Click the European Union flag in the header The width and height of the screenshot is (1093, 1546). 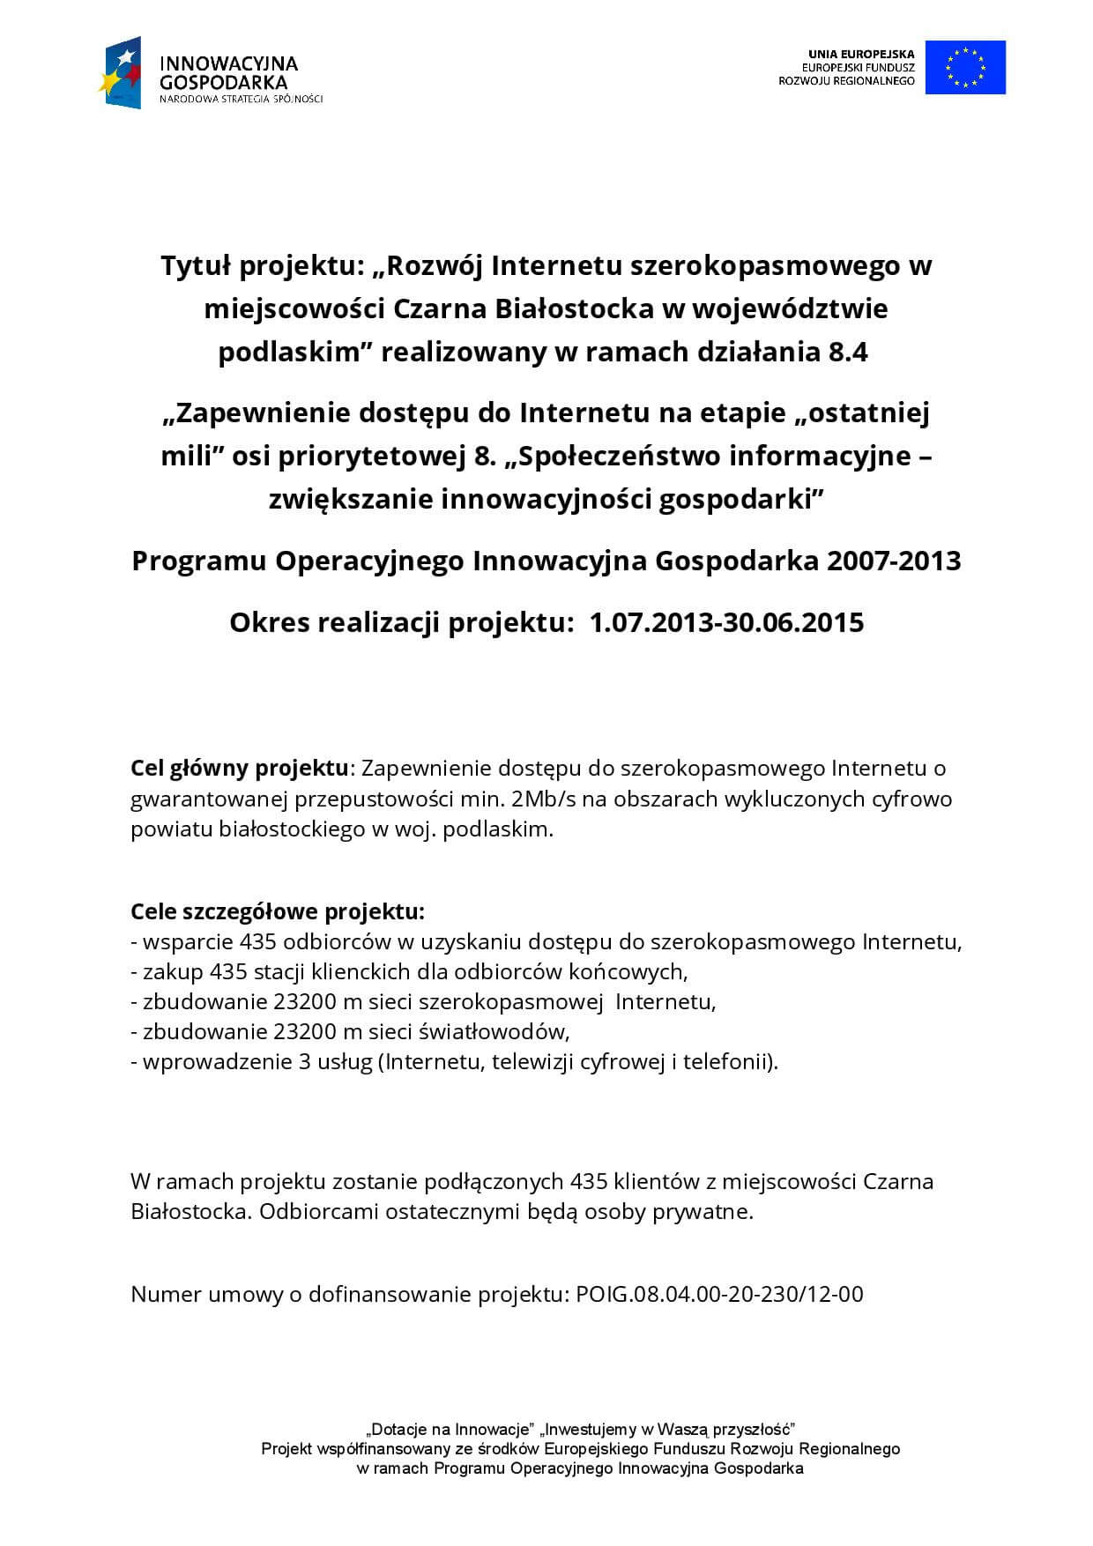965,67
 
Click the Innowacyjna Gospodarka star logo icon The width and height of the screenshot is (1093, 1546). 120,73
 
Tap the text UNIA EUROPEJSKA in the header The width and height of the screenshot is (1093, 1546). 861,54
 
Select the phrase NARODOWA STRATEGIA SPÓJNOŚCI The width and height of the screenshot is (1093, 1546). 241,99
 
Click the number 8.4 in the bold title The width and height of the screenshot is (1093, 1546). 848,353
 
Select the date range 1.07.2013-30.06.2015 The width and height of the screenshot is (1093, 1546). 726,623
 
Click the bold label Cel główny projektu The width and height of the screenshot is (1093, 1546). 240,768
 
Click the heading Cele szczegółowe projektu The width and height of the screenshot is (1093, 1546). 278,911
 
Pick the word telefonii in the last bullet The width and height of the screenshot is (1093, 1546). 737,1061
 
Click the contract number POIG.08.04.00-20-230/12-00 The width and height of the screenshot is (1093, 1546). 719,1294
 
